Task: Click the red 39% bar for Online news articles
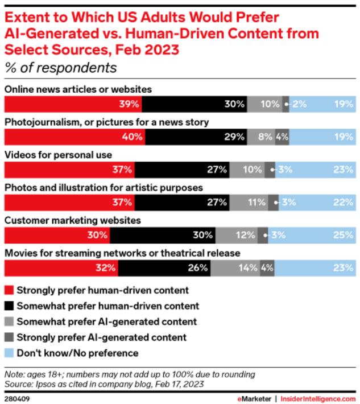tap(73, 104)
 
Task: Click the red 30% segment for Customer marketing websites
tap(57, 234)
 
